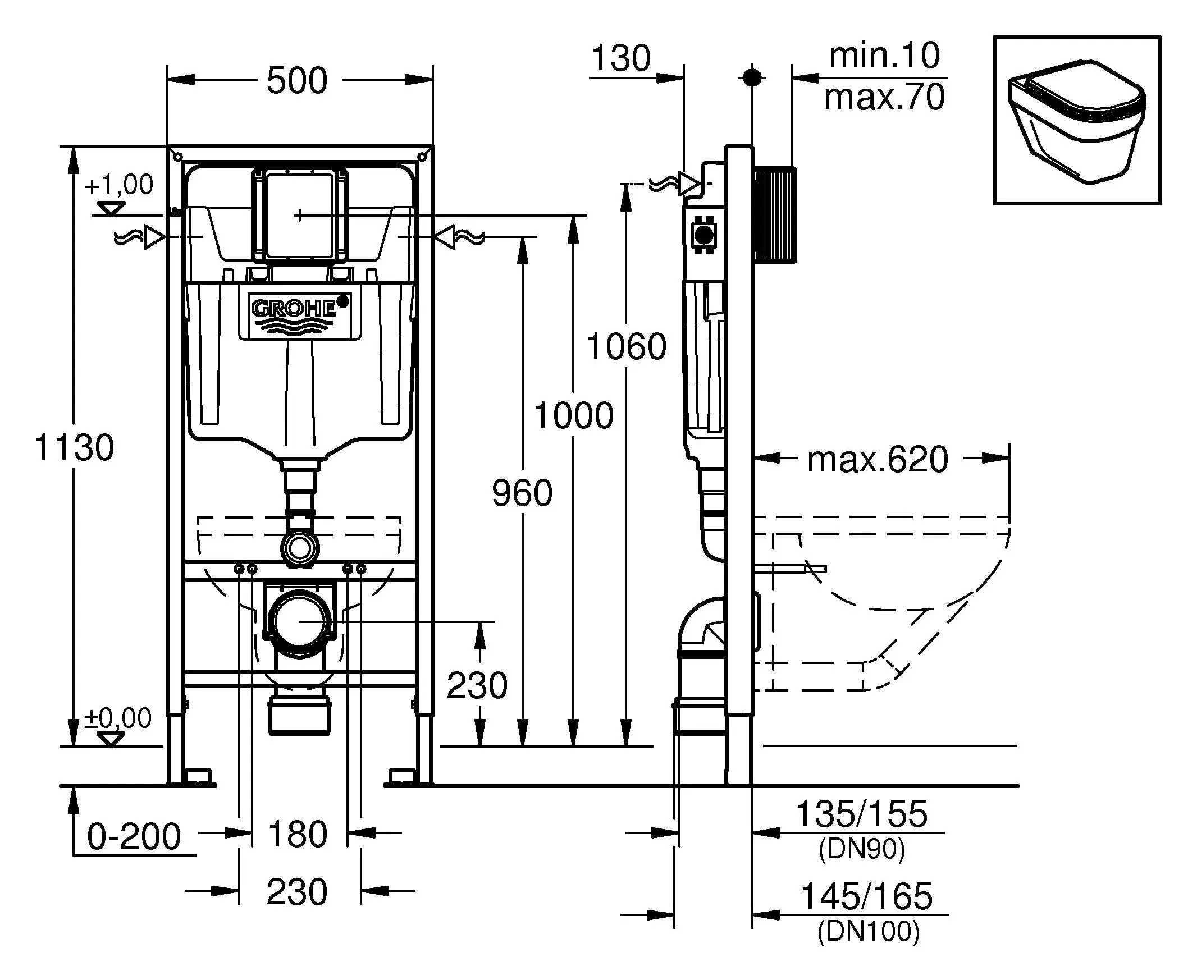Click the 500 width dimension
point(296,81)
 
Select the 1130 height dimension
point(75,448)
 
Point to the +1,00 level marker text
point(119,185)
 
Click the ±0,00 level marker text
point(118,718)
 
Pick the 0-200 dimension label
point(134,837)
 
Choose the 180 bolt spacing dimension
point(298,835)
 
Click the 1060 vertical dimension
point(627,346)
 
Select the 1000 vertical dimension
point(574,415)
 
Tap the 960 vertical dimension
point(522,493)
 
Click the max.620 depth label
point(878,460)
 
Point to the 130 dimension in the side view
point(621,58)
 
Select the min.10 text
point(884,56)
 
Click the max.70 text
point(884,97)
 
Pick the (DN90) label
point(862,849)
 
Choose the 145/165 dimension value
point(867,896)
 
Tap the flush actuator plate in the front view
point(299,215)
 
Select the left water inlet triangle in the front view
point(153,237)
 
